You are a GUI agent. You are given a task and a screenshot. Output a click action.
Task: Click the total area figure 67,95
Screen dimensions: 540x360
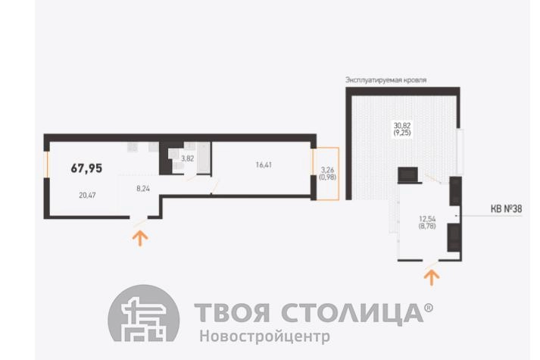(x=86, y=168)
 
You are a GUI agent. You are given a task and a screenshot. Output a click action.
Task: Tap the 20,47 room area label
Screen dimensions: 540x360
(x=87, y=196)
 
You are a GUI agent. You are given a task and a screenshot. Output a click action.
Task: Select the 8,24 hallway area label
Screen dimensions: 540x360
(x=143, y=189)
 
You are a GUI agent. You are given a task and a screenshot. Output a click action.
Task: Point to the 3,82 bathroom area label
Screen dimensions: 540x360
(x=188, y=159)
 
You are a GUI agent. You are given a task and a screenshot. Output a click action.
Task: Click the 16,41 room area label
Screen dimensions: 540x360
(x=264, y=165)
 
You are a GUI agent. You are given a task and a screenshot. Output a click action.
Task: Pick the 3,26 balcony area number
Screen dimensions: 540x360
(x=327, y=171)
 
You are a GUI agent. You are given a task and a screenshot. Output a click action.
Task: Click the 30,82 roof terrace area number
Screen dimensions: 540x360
(x=402, y=126)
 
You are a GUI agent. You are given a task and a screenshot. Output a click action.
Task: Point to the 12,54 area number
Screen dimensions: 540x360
(x=427, y=219)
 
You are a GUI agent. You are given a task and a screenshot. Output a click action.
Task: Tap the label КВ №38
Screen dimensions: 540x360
(x=506, y=208)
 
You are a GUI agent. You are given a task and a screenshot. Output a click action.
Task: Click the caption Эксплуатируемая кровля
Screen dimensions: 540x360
(x=386, y=80)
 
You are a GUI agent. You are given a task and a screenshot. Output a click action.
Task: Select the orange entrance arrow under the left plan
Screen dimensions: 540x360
(x=140, y=238)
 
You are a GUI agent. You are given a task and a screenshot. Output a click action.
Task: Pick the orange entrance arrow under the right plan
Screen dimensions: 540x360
(x=432, y=277)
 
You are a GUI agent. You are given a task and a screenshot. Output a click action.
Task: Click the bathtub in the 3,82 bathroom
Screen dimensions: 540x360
(x=204, y=157)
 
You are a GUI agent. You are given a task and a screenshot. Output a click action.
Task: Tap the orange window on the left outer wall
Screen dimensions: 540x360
(x=47, y=164)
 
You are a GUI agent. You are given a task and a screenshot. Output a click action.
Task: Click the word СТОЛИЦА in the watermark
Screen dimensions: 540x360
(x=353, y=313)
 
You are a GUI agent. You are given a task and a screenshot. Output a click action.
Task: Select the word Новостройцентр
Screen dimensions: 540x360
(x=265, y=336)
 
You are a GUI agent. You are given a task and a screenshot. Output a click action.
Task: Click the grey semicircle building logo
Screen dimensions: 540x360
(x=144, y=314)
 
